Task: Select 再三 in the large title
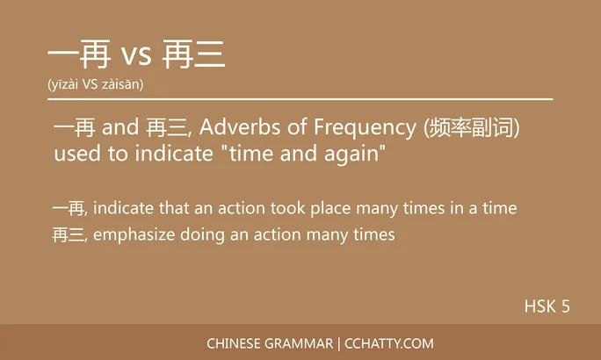(194, 55)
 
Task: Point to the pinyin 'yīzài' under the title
(68, 85)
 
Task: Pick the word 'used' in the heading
(75, 155)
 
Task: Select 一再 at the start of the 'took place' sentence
(69, 209)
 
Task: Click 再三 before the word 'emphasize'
(69, 235)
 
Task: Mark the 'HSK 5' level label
(547, 306)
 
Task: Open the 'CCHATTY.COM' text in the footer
(389, 343)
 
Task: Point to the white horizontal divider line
(300, 100)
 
